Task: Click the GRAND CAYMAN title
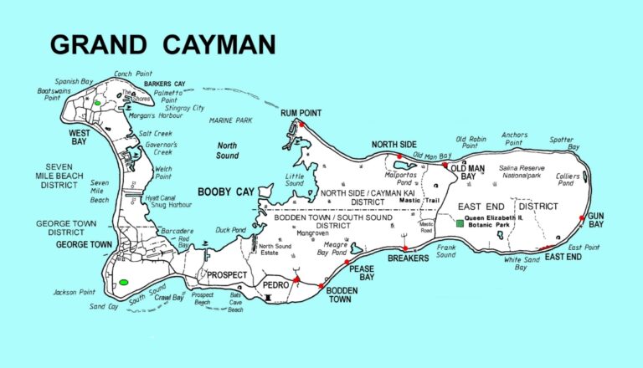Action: pyautogui.click(x=163, y=43)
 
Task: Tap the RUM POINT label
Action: pyautogui.click(x=301, y=113)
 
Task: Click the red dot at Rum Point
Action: pyautogui.click(x=304, y=125)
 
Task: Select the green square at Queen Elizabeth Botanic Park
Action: pyautogui.click(x=459, y=224)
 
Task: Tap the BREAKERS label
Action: pyautogui.click(x=408, y=258)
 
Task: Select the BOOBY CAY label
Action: pyautogui.click(x=225, y=192)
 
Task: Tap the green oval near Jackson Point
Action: pyautogui.click(x=124, y=282)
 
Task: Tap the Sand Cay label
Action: pyautogui.click(x=105, y=307)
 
